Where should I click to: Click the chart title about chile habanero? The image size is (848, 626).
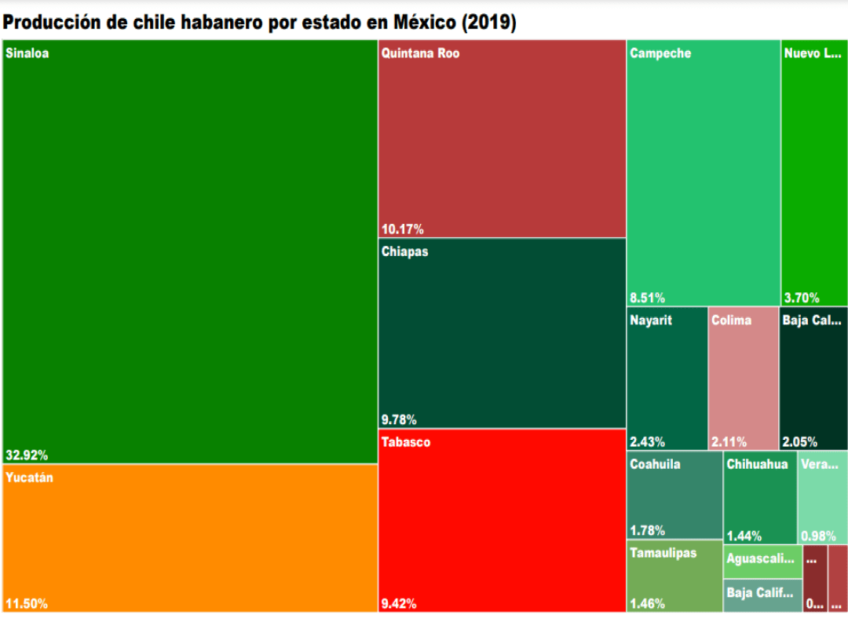(x=259, y=23)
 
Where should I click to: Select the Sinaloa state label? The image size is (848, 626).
(x=27, y=54)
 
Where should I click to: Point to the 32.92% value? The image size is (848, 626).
(x=27, y=455)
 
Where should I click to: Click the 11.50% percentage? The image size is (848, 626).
(x=27, y=604)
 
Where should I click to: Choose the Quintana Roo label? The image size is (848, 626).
(x=420, y=54)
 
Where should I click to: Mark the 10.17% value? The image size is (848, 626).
(x=402, y=229)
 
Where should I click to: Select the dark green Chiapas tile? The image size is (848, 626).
(x=502, y=334)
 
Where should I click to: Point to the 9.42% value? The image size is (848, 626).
(x=399, y=604)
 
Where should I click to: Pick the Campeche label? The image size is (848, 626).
(x=660, y=54)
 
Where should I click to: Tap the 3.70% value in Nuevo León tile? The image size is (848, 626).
(x=802, y=298)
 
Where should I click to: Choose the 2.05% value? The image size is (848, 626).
(x=799, y=441)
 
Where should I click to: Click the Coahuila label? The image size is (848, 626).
(x=655, y=464)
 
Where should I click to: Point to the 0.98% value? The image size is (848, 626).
(x=818, y=536)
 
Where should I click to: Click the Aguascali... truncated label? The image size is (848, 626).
(x=760, y=559)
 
